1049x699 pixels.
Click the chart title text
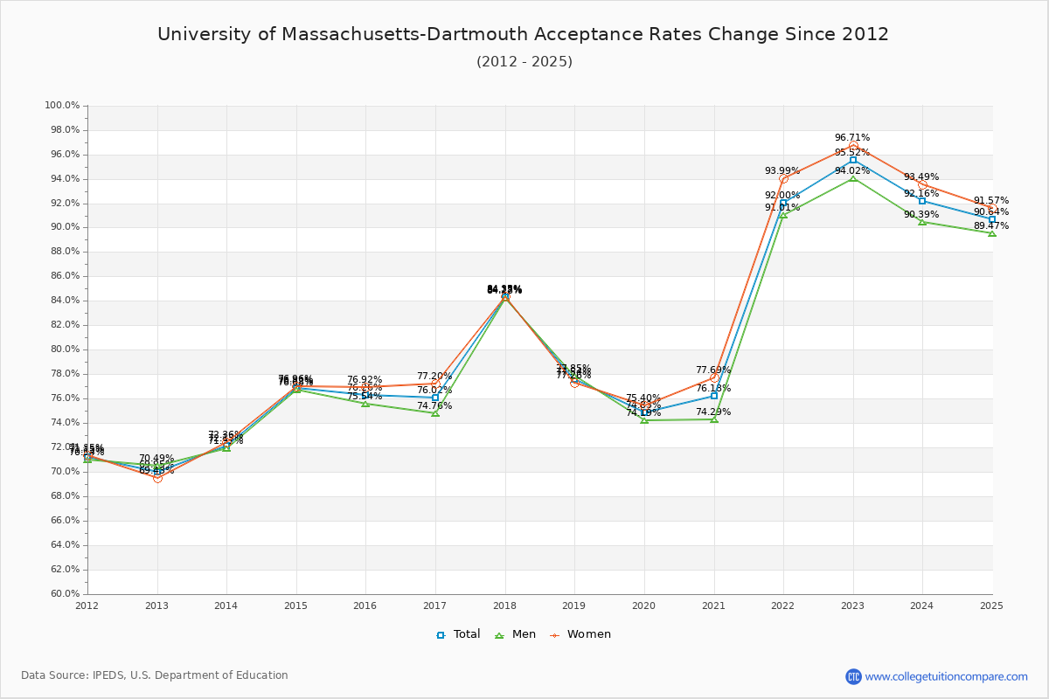tap(523, 35)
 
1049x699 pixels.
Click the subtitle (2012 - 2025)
tap(524, 62)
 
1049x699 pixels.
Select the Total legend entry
tap(458, 634)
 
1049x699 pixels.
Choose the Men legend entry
tap(516, 634)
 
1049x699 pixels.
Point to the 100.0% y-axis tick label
tap(62, 106)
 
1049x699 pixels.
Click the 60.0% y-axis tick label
tap(62, 594)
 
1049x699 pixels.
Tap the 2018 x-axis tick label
tap(504, 606)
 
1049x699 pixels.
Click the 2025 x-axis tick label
tap(991, 606)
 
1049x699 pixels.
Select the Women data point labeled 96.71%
tap(853, 146)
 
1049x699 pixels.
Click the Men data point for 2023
tap(853, 178)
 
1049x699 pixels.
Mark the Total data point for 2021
tap(714, 396)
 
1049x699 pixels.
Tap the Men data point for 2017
tap(435, 413)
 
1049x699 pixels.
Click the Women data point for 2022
tap(783, 179)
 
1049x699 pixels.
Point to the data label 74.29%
tap(713, 412)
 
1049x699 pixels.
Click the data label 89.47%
tap(991, 226)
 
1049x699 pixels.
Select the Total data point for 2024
tap(922, 201)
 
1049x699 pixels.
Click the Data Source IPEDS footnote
tap(155, 675)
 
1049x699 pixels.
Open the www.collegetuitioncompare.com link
tap(946, 676)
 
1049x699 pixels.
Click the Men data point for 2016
tap(365, 404)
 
